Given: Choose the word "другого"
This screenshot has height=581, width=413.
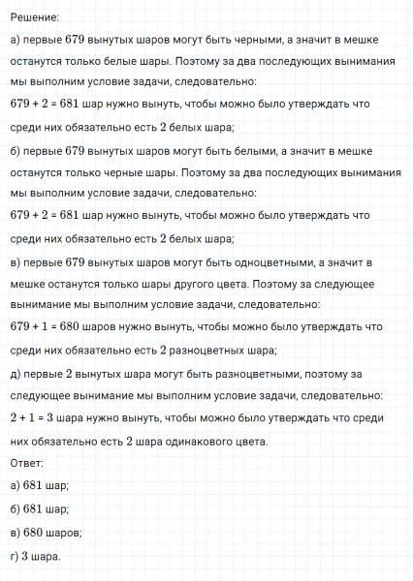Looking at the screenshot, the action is (x=206, y=285).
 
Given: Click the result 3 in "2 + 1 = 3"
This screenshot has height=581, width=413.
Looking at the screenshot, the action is (x=54, y=418).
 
